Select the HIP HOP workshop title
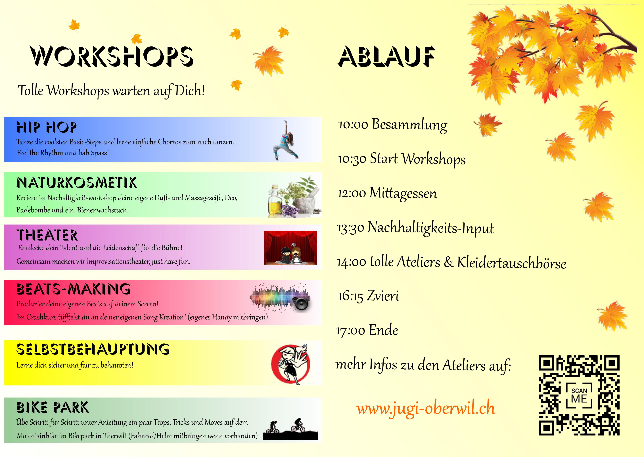(x=47, y=127)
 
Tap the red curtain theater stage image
(x=290, y=248)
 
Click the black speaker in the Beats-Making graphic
(x=301, y=303)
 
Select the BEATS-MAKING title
(x=74, y=289)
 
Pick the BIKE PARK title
(x=53, y=407)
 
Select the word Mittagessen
(x=403, y=193)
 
